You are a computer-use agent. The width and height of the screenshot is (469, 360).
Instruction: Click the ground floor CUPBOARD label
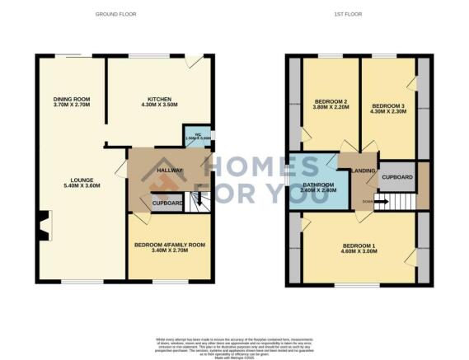[x=167, y=203]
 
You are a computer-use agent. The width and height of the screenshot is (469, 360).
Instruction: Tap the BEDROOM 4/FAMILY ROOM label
[x=169, y=245]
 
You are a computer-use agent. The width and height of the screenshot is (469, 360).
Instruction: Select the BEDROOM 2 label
[x=329, y=101]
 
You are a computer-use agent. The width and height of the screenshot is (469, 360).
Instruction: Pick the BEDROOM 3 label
[x=387, y=106]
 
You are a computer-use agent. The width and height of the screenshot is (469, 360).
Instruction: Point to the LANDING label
[x=363, y=171]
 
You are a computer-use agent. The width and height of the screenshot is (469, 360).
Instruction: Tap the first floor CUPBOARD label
[x=397, y=176]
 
